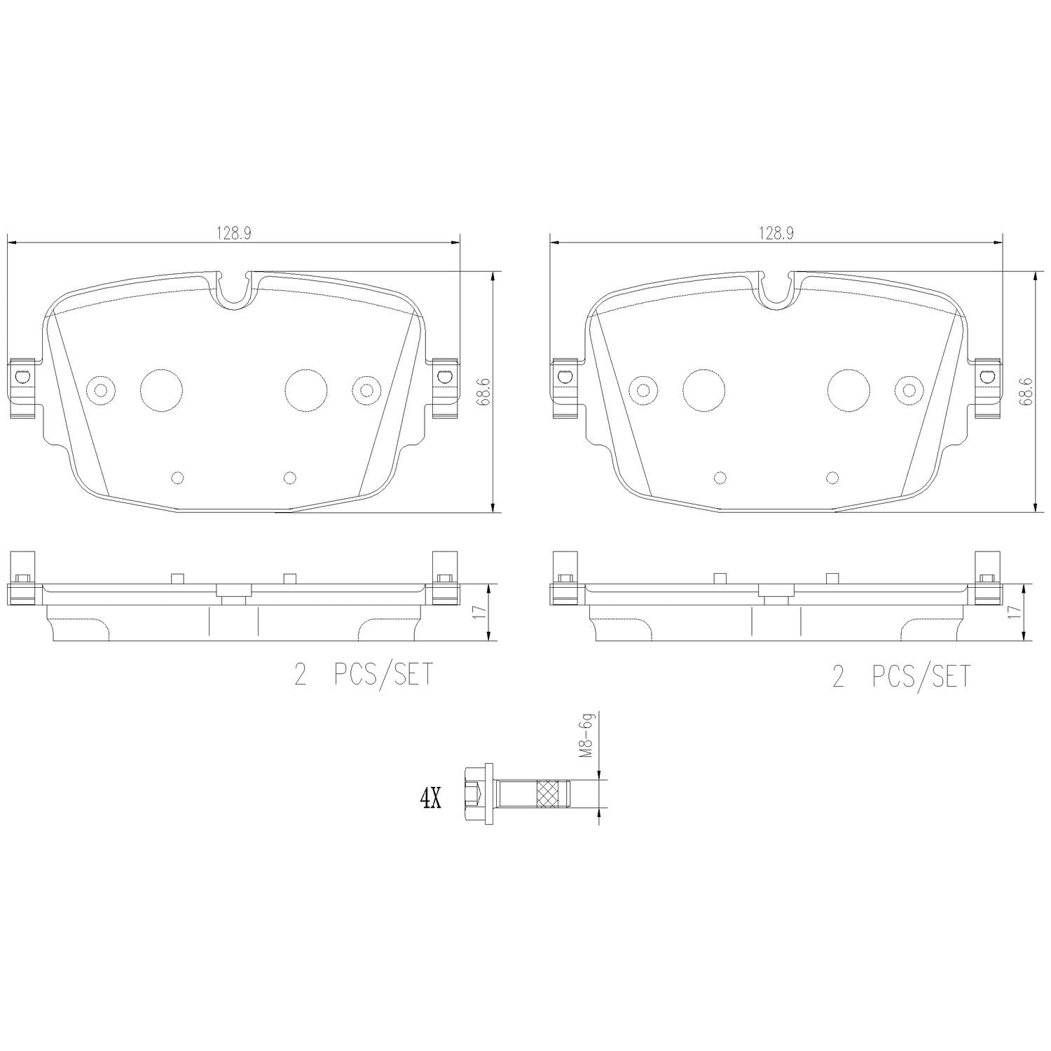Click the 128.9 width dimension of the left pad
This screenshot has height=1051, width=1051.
point(233,234)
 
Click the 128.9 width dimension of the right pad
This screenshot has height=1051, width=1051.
point(775,234)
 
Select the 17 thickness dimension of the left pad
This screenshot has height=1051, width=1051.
point(480,612)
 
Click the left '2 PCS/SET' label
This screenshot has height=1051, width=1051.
point(363,675)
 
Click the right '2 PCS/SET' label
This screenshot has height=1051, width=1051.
point(902,676)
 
